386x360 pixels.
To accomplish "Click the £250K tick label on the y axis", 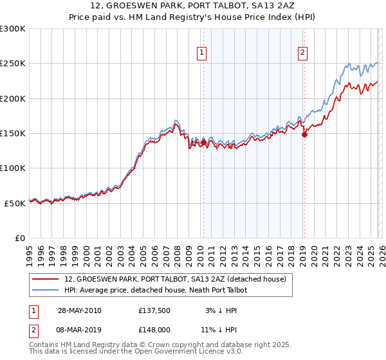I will coord(13,64).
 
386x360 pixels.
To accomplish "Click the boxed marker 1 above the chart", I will coord(202,53).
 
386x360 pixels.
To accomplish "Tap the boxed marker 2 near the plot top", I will coord(302,53).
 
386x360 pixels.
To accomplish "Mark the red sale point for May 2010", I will coord(204,142).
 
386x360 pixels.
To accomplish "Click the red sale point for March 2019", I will coord(304,134).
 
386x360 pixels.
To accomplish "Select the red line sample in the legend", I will coord(46,279).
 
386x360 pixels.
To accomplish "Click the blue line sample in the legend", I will coord(46,290).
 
